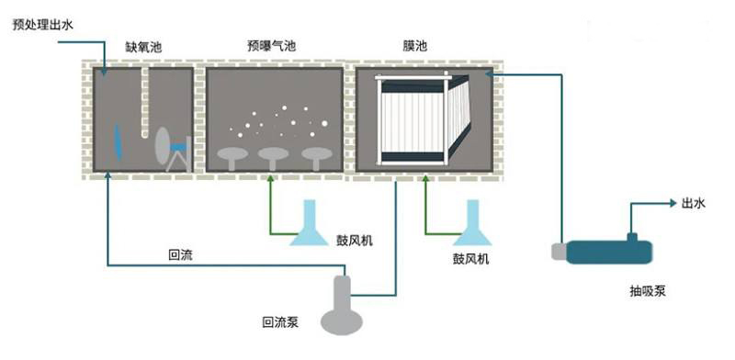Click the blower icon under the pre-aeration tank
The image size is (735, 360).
click(x=309, y=226)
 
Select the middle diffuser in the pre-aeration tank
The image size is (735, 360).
click(x=273, y=155)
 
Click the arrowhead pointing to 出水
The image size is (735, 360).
click(x=670, y=204)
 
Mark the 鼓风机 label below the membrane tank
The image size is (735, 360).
click(x=471, y=260)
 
